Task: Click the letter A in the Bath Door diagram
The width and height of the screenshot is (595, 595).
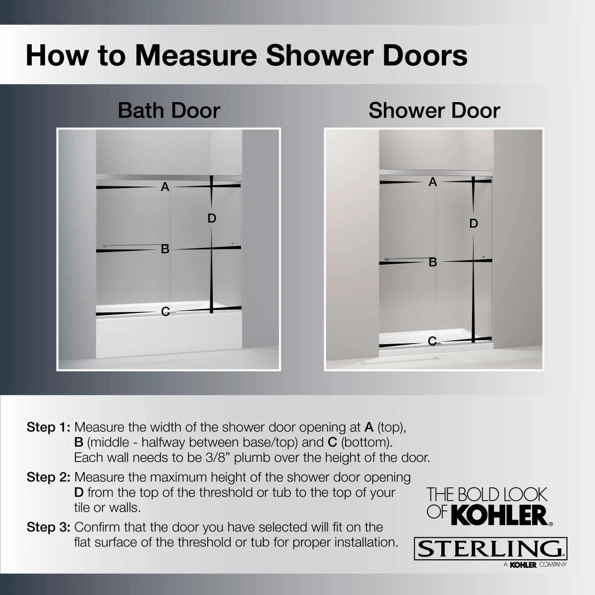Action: (x=165, y=187)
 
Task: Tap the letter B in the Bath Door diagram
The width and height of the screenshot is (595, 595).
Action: (x=165, y=249)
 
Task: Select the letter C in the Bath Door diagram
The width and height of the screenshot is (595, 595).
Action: (x=166, y=311)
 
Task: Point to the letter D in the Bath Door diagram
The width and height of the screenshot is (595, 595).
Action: (x=212, y=218)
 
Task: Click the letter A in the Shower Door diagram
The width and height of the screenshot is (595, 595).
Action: (x=433, y=182)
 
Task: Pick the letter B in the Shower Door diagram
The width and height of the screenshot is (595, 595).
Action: (x=433, y=262)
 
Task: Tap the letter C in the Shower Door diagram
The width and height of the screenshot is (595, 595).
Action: (x=432, y=341)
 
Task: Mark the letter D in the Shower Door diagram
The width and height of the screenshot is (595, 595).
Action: (x=474, y=224)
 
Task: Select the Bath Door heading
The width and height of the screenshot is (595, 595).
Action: (x=169, y=110)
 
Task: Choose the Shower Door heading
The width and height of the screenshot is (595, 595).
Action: (x=434, y=110)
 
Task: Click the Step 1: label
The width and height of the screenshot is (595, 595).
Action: (x=49, y=427)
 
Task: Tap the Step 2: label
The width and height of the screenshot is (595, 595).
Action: (x=49, y=477)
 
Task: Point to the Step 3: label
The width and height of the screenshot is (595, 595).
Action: (x=49, y=527)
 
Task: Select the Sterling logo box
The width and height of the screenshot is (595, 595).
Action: (x=490, y=549)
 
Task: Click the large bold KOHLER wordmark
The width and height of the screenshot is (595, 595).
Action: (x=500, y=516)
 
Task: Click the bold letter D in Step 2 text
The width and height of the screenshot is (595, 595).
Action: (x=78, y=493)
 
